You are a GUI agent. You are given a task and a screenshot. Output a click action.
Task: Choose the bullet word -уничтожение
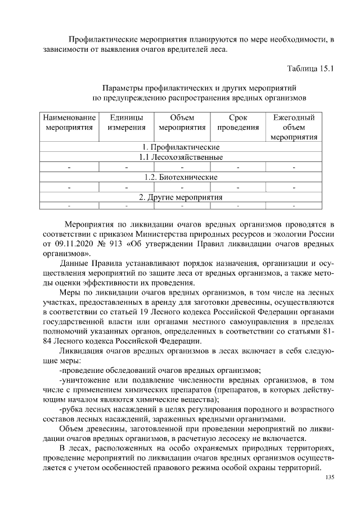pos(83,380)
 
